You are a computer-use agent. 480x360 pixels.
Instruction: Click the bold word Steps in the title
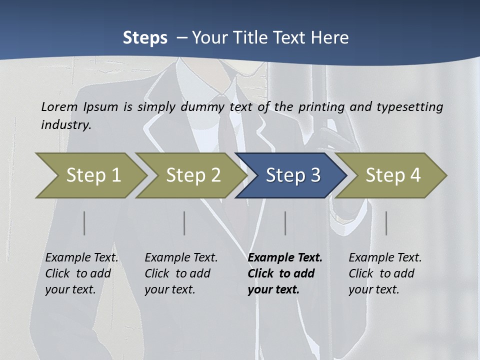coord(145,38)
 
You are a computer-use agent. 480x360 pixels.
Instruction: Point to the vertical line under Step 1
coord(84,223)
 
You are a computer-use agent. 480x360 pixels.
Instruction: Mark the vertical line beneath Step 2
coord(184,223)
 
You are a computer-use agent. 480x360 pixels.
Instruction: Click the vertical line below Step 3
coord(285,223)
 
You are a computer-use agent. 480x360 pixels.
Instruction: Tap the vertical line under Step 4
coord(386,223)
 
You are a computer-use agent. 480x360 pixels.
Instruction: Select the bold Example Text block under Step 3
coord(285,273)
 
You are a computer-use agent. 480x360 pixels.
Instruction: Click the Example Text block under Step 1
coord(81,273)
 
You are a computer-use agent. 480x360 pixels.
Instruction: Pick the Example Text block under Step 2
coord(181,273)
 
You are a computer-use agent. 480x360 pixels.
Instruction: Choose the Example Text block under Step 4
coord(385,273)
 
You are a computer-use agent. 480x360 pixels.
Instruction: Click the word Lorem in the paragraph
coord(59,106)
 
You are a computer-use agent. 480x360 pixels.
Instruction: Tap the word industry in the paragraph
coord(65,125)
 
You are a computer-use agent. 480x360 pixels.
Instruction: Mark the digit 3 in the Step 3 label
coord(315,175)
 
